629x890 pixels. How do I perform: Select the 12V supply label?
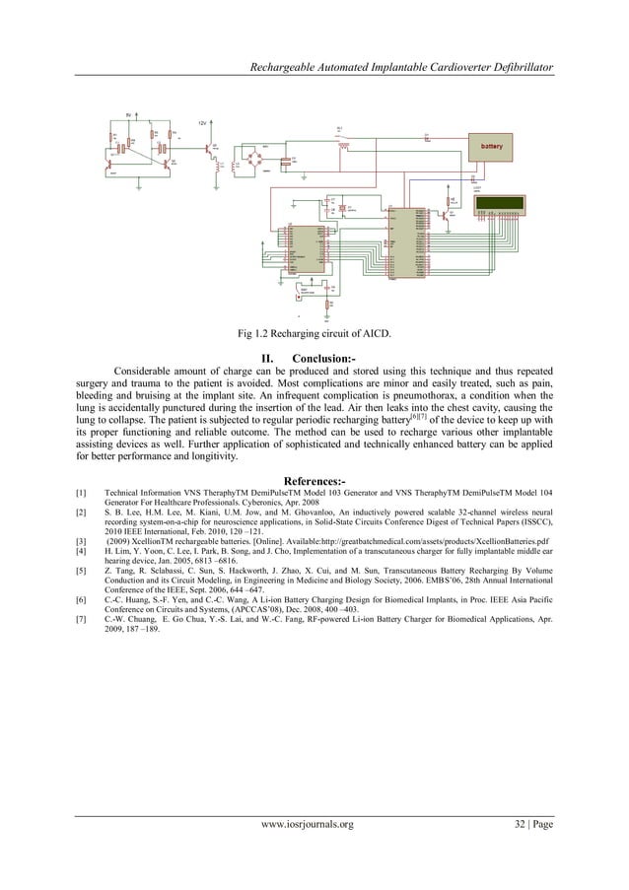tap(203, 123)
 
